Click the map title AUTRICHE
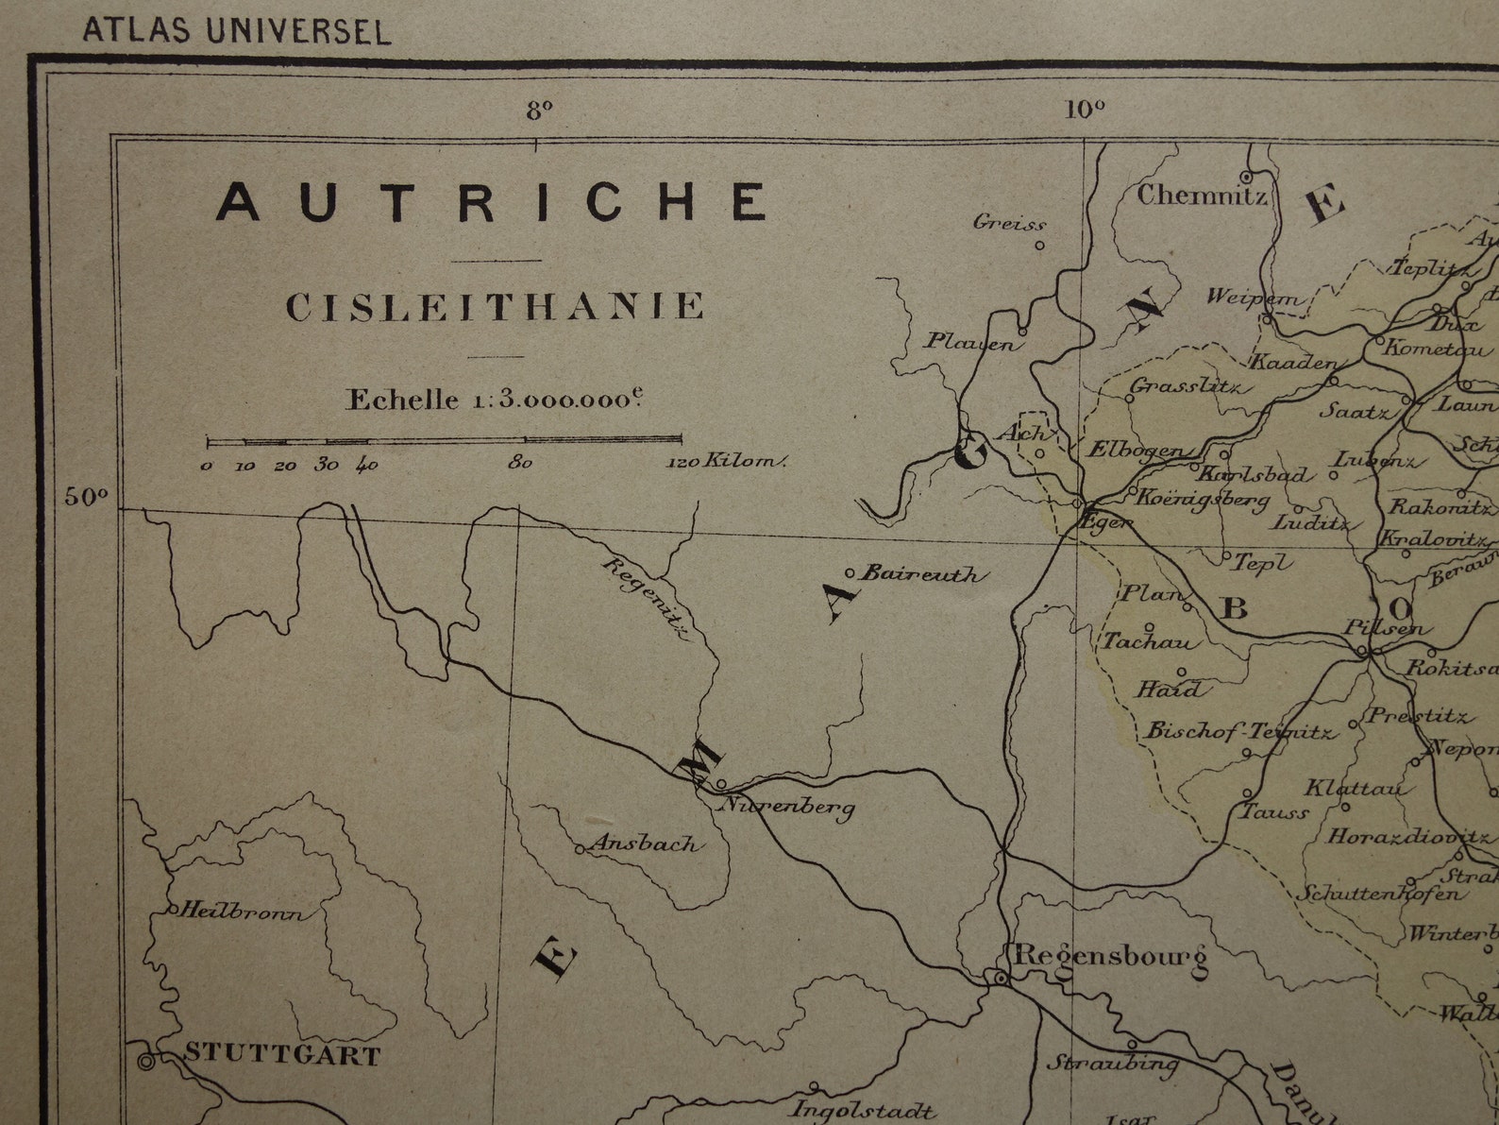tap(492, 201)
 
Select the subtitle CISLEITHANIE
tap(496, 307)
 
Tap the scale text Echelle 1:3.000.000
tap(495, 399)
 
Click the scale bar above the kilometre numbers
tap(444, 439)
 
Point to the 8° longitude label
tap(539, 111)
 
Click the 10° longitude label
tap(1085, 110)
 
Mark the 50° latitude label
tap(86, 496)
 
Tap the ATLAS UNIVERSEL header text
tap(236, 31)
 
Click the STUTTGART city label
tap(281, 1054)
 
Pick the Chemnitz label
tap(1201, 196)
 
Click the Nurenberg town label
tap(789, 806)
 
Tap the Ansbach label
tap(647, 844)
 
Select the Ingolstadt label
tap(863, 1110)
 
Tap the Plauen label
tap(972, 341)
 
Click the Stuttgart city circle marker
tap(146, 1062)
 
